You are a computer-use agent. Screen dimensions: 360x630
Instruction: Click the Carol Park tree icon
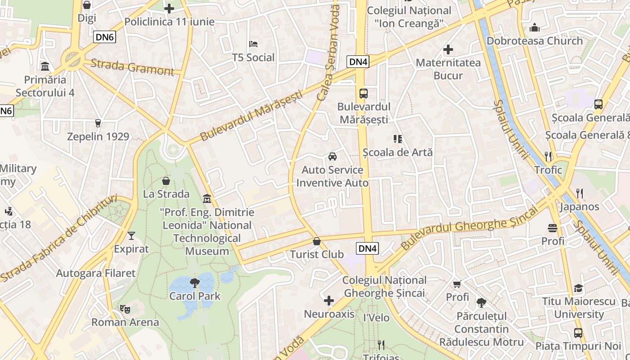coord(195,283)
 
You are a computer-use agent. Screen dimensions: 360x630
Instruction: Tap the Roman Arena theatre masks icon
coord(125,309)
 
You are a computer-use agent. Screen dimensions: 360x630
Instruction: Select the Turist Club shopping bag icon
coord(317,241)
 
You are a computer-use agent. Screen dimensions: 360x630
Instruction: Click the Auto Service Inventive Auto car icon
coord(333,157)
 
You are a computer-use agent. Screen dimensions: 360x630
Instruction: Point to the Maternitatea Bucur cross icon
coord(448,49)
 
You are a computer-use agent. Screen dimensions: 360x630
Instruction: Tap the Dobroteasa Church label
coord(535,41)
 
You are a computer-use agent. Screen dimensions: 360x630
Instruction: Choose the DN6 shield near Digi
coord(104,37)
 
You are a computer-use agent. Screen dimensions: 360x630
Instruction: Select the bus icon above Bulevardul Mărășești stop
coord(364,94)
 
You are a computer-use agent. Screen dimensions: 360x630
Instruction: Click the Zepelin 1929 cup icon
coord(98,123)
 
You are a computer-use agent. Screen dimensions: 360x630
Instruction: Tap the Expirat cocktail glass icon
coord(131,235)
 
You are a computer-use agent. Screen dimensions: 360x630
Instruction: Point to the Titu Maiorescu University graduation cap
coord(578,288)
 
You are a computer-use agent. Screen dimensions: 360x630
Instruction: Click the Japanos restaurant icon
coord(580,193)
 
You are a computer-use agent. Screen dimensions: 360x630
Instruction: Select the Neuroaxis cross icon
coord(329,301)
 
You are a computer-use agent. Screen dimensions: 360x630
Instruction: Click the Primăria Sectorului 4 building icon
coord(45,67)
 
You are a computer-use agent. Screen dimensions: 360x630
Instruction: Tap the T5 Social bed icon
coord(253,44)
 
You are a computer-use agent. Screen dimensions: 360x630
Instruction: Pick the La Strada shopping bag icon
coord(166,181)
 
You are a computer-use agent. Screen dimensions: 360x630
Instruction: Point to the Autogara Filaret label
coord(95,273)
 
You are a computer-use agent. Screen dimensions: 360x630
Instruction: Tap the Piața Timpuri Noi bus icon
coord(578,333)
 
